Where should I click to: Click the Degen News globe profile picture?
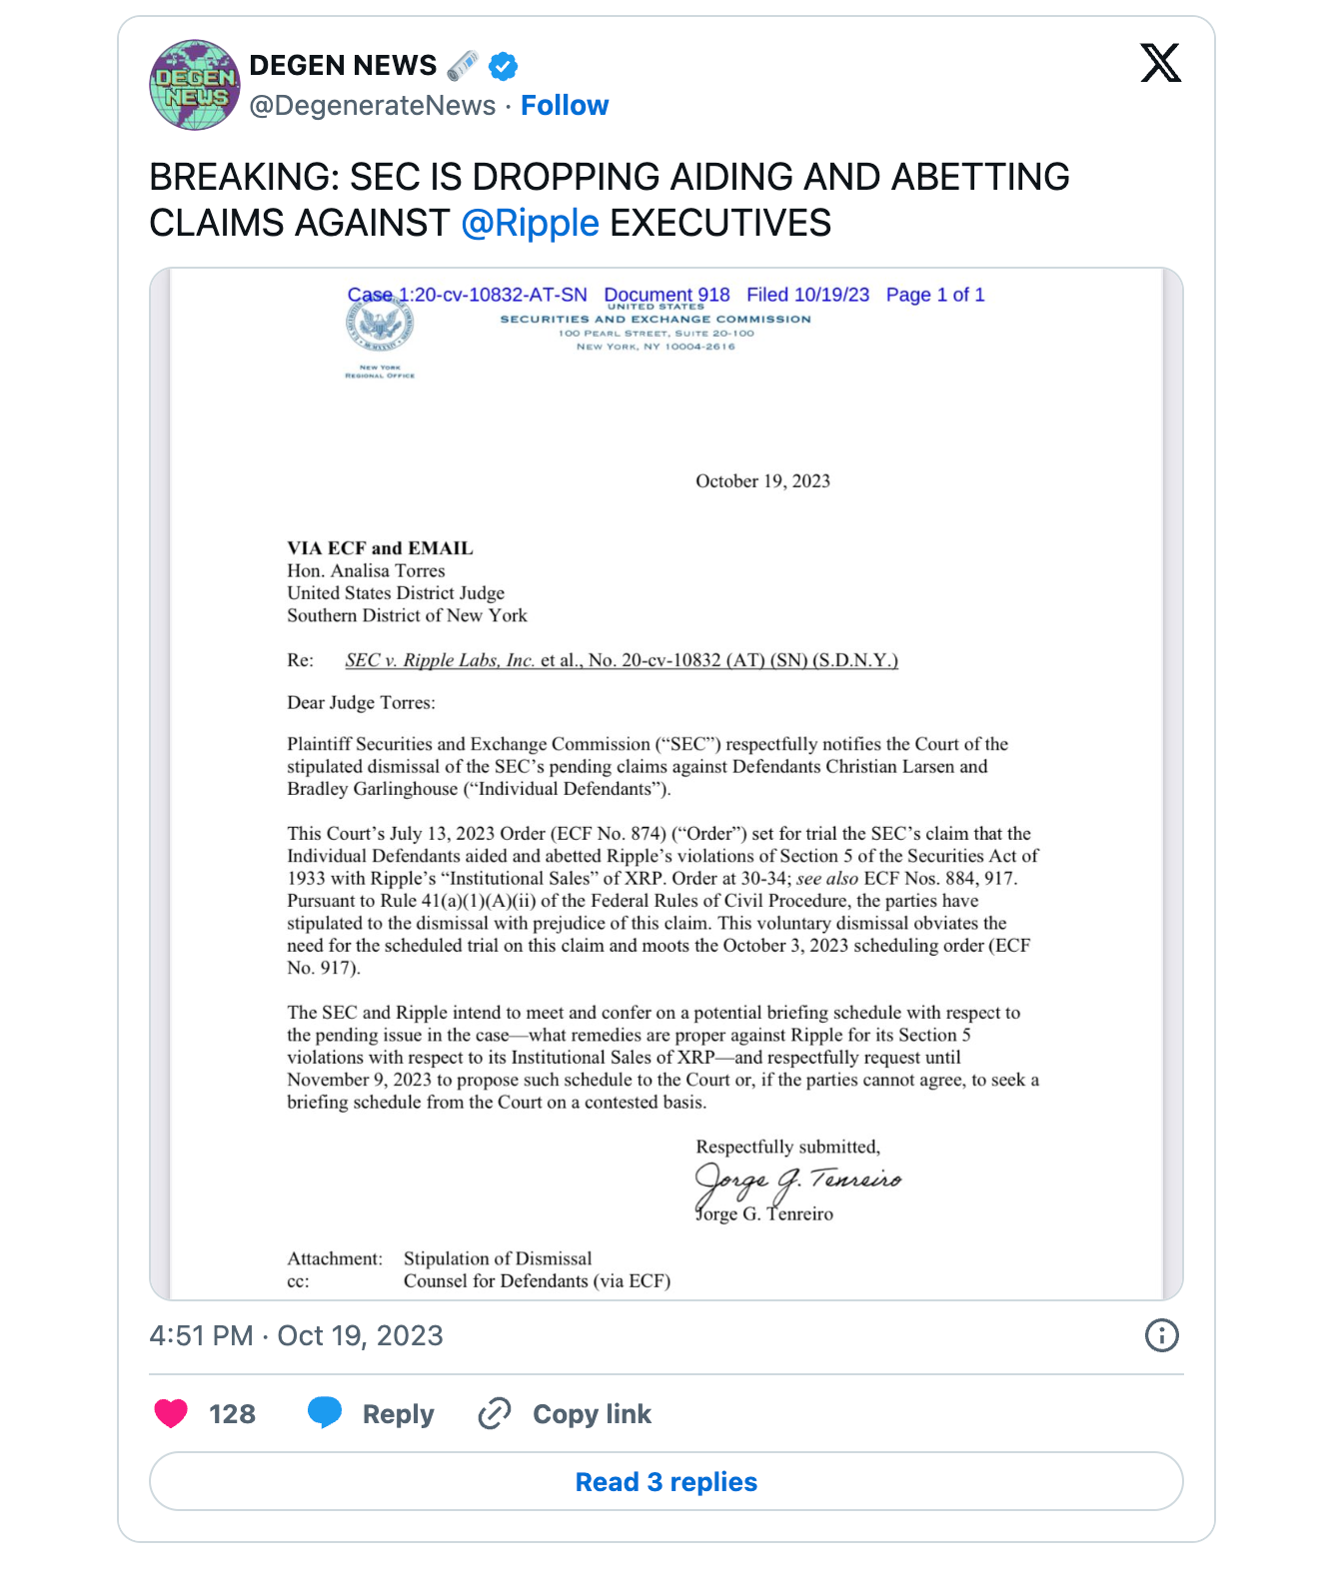point(194,85)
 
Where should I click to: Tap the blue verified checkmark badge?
point(503,67)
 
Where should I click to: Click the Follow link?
point(565,105)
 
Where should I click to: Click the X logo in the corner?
point(1160,63)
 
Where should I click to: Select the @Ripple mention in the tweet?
point(530,223)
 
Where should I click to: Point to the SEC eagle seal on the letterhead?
point(381,325)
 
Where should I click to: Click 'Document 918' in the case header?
point(667,295)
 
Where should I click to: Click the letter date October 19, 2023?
point(762,480)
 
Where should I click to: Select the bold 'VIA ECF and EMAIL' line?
point(380,547)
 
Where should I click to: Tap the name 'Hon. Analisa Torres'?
point(366,570)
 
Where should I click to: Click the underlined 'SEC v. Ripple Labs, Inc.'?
point(440,660)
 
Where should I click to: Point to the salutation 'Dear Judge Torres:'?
point(361,702)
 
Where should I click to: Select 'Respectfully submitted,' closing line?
point(787,1147)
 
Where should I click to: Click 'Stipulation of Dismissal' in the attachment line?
point(498,1258)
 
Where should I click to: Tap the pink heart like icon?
point(171,1413)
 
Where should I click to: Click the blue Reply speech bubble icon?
point(325,1412)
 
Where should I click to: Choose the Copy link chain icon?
point(495,1413)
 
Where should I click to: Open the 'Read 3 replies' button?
point(667,1481)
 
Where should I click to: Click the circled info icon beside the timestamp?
point(1161,1335)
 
